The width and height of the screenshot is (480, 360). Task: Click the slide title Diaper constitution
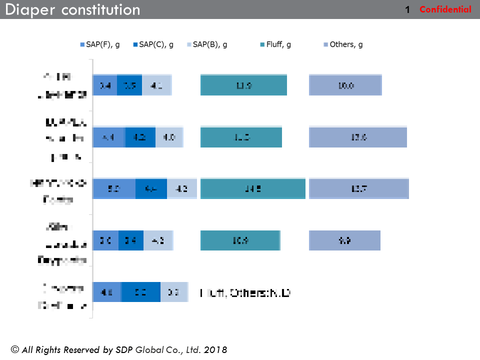73,9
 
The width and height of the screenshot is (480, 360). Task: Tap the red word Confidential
445,9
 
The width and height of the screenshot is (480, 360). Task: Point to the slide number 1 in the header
407,9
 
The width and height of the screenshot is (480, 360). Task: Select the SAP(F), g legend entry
99,44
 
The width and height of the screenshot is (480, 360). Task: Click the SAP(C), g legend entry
153,44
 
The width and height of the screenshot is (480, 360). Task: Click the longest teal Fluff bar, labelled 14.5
252,189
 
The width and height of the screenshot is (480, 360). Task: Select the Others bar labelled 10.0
345,85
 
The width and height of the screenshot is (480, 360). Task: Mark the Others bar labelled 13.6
358,137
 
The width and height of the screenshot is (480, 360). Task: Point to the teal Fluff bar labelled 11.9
243,85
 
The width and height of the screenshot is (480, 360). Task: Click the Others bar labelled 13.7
359,189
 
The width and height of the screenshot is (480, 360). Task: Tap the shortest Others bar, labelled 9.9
344,240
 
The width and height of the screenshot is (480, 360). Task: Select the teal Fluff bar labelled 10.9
240,240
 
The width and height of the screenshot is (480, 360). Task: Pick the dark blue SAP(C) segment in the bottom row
140,292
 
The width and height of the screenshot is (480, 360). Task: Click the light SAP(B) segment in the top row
156,85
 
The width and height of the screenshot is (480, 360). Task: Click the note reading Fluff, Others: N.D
245,293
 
